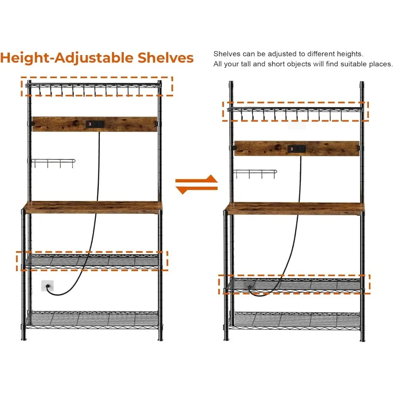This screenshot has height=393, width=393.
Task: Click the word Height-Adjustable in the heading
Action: pos(58,57)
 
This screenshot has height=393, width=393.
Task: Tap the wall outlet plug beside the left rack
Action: pos(48,285)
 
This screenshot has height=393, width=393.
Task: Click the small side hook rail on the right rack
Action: pos(254,173)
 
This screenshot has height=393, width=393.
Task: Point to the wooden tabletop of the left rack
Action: pos(93,207)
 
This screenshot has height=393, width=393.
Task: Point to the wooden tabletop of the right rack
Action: pos(295,208)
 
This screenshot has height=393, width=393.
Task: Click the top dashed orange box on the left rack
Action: pos(97,86)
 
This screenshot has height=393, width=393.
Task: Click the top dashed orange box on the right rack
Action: pos(296,111)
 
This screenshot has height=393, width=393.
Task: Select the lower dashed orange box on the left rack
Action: pos(92,260)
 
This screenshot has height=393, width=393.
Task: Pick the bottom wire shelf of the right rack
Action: pos(295,319)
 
